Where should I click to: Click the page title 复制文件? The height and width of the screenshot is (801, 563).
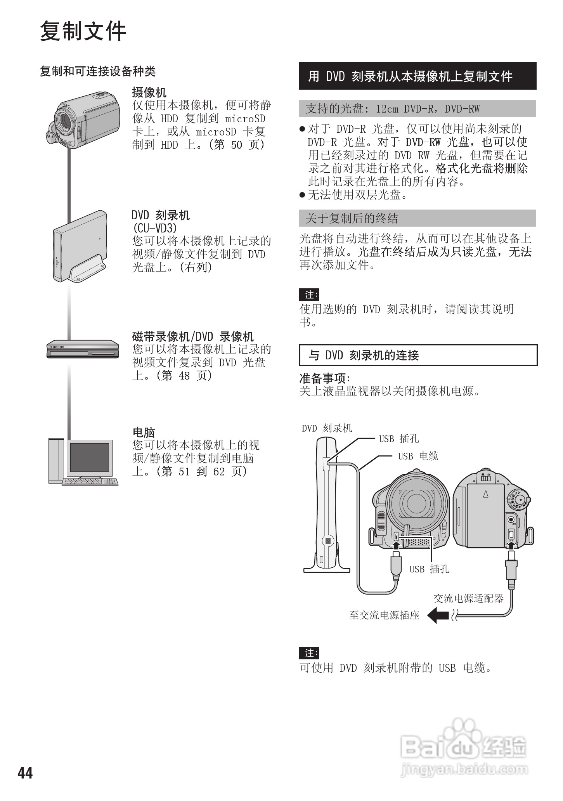coord(83,31)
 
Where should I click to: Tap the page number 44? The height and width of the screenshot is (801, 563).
coord(25,773)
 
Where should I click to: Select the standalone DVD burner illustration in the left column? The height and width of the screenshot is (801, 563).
coord(80,246)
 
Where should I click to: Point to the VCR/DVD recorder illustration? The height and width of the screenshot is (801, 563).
coord(83,349)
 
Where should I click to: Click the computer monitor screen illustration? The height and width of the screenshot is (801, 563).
coord(89,457)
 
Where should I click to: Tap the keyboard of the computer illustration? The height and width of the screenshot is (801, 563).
coord(90,482)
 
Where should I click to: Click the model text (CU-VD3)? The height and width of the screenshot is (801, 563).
coord(154,228)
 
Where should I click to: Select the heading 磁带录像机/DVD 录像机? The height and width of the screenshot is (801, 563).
coord(193,336)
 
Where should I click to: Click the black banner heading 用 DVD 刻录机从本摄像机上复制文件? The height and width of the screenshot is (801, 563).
coord(417,76)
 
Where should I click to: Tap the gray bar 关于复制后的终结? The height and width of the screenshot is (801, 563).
coord(417,218)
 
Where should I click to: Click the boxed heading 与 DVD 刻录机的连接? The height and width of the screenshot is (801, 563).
coord(418,355)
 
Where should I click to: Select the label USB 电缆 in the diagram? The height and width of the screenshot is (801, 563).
coord(418,456)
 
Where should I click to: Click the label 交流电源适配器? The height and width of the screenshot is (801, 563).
coord(468,598)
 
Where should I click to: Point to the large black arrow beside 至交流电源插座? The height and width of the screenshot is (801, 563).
coord(438,615)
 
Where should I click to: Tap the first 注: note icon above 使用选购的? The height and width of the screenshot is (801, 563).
coord(309,295)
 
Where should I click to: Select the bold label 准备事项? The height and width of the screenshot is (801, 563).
coord(325,378)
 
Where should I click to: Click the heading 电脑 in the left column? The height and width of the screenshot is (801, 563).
coord(144,432)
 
